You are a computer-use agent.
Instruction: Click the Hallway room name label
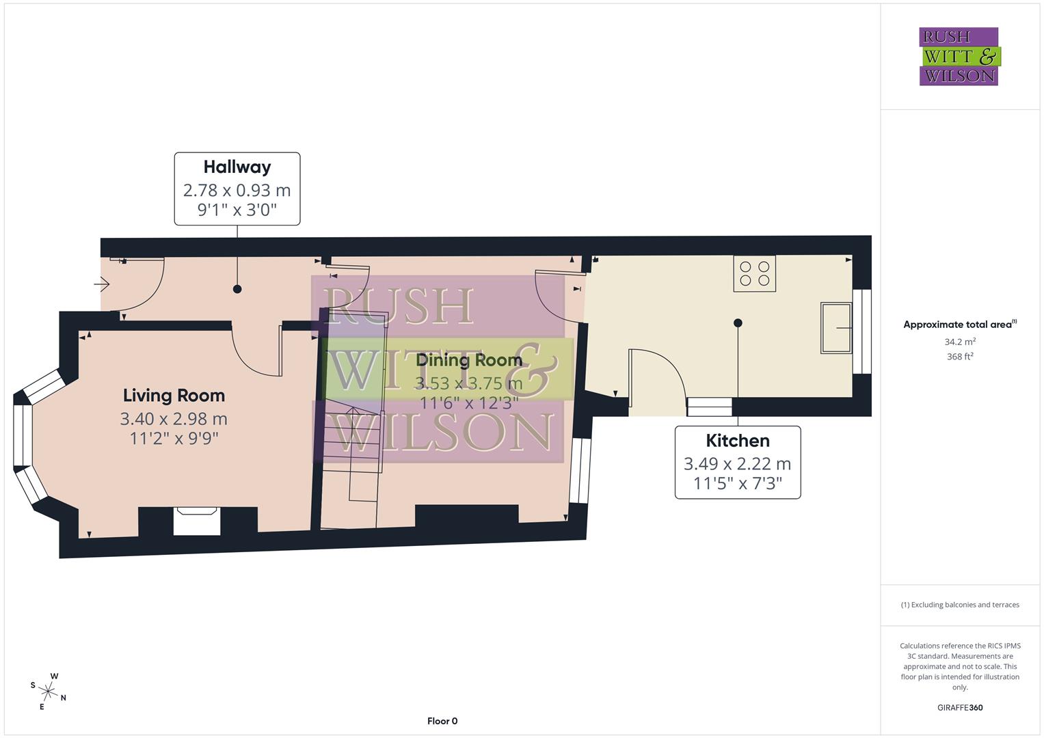(237, 167)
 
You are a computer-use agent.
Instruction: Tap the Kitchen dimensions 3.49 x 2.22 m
(737, 463)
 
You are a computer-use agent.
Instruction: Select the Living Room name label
(174, 395)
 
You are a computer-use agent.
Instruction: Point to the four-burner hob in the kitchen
(754, 273)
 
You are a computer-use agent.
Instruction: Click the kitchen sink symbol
(835, 328)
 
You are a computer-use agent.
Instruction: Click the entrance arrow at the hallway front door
(102, 283)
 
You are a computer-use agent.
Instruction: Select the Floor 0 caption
(442, 721)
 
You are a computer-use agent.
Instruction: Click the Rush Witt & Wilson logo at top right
(959, 57)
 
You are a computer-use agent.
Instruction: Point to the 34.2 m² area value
(960, 342)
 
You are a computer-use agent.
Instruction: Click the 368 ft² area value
(960, 356)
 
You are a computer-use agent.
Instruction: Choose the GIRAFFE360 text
(960, 707)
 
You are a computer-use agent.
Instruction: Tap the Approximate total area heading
(959, 325)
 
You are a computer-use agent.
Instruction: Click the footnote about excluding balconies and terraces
(960, 605)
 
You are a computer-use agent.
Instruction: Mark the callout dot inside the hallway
(237, 289)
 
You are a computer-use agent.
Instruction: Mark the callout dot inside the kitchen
(738, 323)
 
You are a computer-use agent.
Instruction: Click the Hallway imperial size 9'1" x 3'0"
(237, 210)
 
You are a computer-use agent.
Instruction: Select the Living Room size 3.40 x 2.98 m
(174, 418)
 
